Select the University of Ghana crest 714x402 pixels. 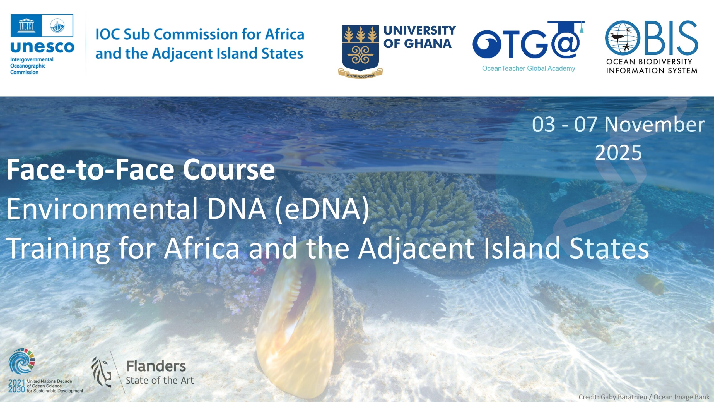click(x=360, y=52)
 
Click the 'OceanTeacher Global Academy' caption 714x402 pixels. click(x=529, y=68)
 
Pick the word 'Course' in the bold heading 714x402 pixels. click(x=229, y=169)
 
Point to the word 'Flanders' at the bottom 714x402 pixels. click(x=156, y=366)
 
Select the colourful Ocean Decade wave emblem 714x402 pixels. click(x=21, y=361)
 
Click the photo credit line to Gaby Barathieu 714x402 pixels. click(x=644, y=397)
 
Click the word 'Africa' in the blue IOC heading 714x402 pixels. click(x=284, y=34)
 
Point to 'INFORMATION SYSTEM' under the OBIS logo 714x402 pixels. click(x=652, y=71)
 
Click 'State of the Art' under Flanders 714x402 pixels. click(x=160, y=381)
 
